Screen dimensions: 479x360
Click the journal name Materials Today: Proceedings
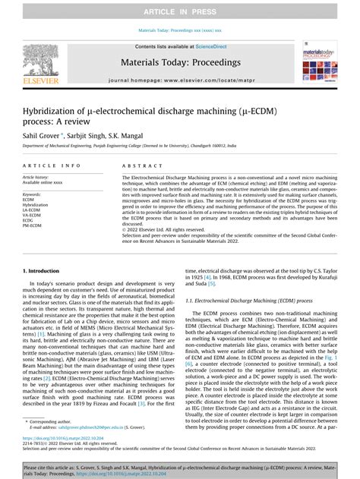(x=179, y=64)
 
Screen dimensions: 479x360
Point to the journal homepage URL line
(x=179, y=80)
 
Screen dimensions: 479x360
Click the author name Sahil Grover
(x=42, y=131)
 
